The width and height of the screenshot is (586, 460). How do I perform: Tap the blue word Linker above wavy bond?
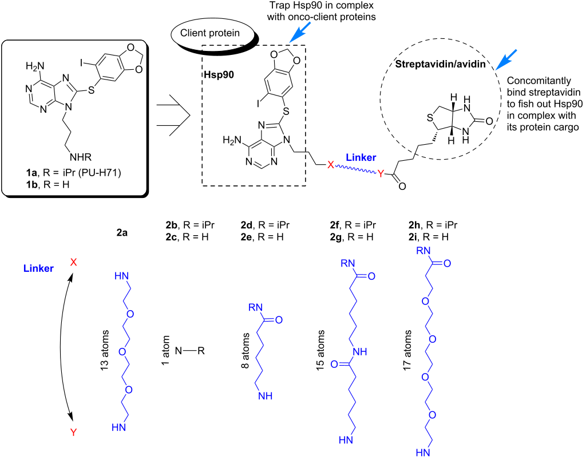click(x=361, y=157)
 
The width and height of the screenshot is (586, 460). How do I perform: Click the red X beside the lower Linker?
click(x=73, y=262)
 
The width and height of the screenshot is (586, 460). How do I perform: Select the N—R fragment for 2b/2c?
click(x=189, y=350)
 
